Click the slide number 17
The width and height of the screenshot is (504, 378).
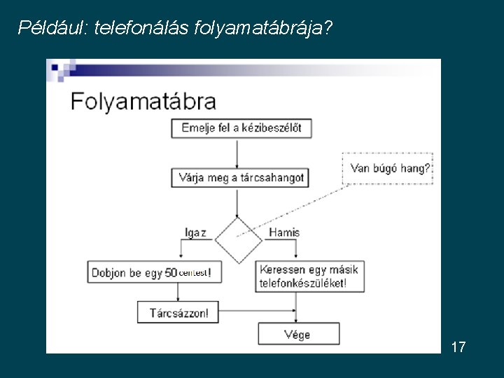458,346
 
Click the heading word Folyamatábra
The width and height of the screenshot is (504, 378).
143,102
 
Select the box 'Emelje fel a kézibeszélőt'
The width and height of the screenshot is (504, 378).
241,128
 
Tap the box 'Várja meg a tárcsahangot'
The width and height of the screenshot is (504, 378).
239,178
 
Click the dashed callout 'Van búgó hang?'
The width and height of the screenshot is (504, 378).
388,168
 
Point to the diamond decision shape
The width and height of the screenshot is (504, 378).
238,240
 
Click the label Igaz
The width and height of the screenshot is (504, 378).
195,232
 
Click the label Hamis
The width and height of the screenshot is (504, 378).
283,232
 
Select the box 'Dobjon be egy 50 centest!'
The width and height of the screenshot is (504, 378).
155,272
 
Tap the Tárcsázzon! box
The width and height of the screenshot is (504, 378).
178,312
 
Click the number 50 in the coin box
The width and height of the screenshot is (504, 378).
171,272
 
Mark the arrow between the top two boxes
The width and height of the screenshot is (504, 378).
238,153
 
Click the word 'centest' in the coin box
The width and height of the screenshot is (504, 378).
192,272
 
